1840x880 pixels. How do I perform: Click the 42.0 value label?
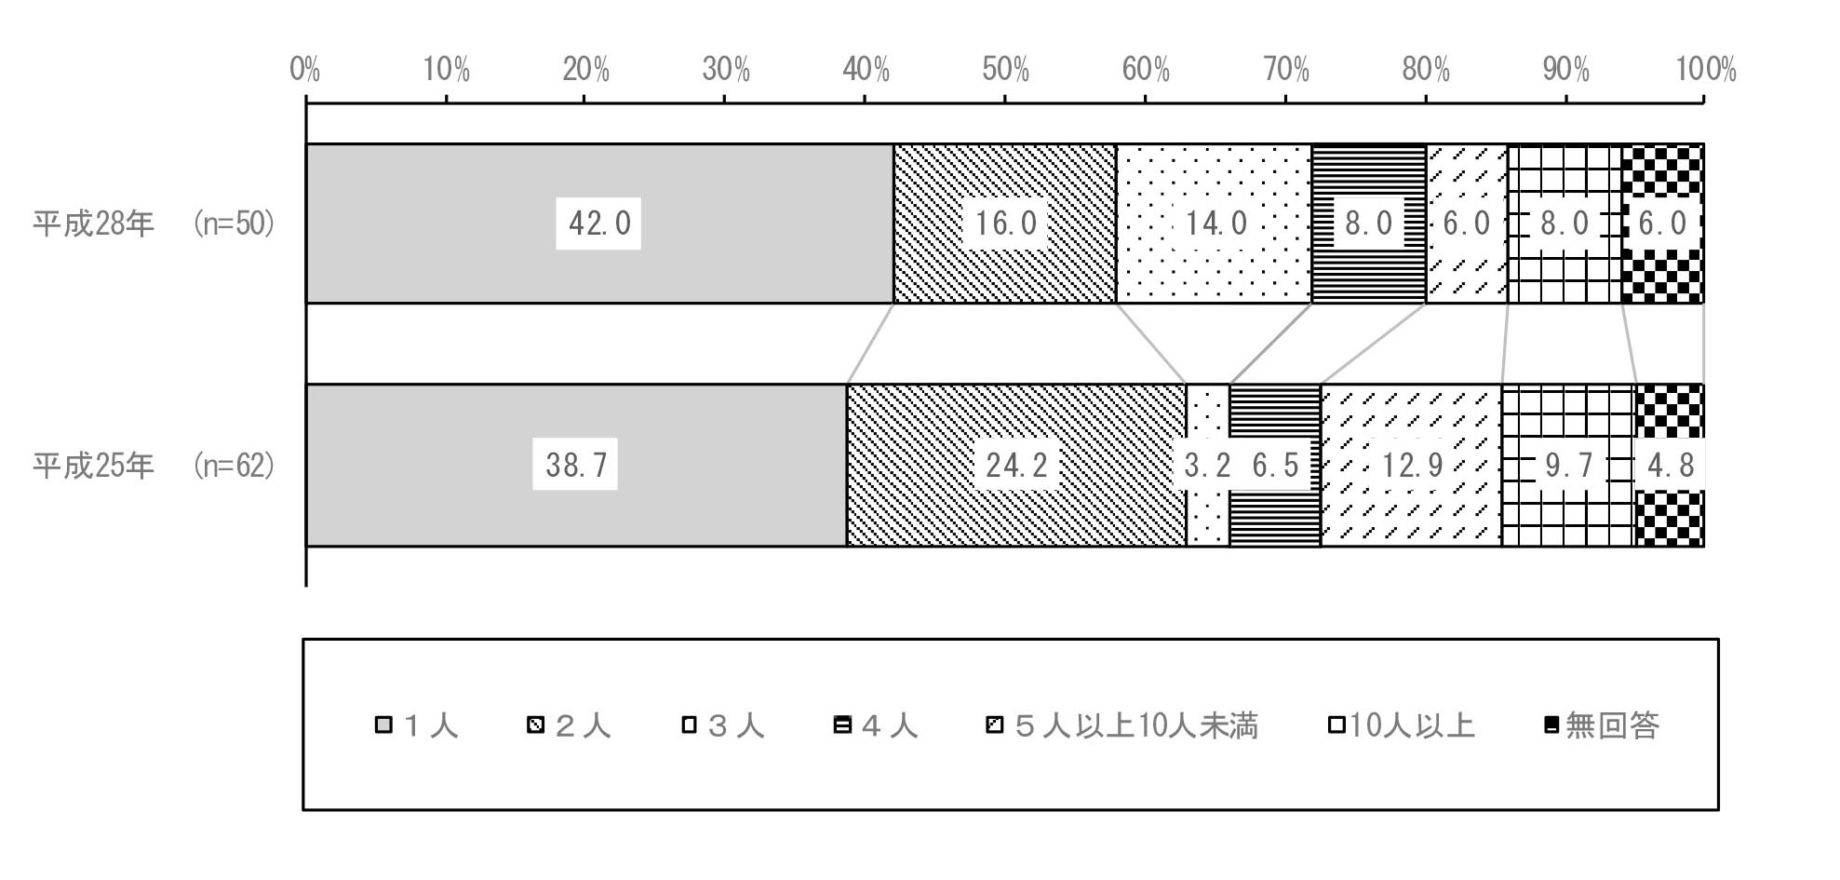tap(598, 223)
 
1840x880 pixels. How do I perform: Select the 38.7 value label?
tap(575, 464)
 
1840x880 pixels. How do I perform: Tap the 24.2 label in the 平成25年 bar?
tap(1016, 464)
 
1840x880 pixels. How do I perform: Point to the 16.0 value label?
tap(1005, 223)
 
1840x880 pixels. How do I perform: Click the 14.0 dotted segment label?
tap(1215, 223)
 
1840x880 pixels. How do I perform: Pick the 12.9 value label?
tap(1412, 464)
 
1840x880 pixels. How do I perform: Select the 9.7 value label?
tap(1569, 464)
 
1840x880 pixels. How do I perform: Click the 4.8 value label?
tap(1671, 464)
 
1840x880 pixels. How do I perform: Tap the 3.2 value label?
tap(1207, 464)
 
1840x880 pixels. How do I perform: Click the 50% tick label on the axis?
tap(1006, 70)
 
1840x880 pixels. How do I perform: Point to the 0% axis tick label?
tap(305, 70)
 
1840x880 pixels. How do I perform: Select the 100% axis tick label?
tap(1706, 70)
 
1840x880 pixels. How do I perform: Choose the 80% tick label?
tap(1426, 70)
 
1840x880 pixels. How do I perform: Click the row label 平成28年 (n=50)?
tap(154, 223)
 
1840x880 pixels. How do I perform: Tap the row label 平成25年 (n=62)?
tap(154, 464)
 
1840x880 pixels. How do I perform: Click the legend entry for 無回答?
tap(1602, 725)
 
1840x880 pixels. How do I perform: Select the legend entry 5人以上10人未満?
tap(1122, 725)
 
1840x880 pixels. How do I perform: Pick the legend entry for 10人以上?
tap(1403, 725)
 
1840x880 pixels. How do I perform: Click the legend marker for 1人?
tap(383, 725)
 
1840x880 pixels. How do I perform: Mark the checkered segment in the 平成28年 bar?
tap(1662, 223)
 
